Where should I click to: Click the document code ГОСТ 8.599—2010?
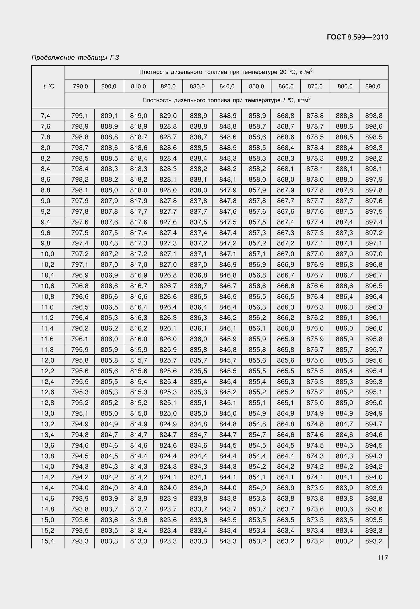[357, 37]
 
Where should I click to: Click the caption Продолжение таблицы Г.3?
[75, 57]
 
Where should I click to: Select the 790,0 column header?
[80, 86]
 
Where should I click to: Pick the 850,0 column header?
[256, 86]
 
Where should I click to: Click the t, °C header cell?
[49, 86]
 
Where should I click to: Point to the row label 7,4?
[46, 116]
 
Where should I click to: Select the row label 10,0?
[47, 254]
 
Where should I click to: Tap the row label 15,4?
[47, 541]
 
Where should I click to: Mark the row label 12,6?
[47, 392]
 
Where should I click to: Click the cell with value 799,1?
[80, 116]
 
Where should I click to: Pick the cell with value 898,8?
[374, 116]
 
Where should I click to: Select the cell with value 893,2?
[374, 541]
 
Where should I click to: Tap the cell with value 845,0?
[228, 413]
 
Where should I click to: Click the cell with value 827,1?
[168, 254]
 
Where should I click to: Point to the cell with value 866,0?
[286, 328]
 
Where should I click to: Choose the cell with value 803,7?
[109, 509]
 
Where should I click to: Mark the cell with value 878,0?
[315, 180]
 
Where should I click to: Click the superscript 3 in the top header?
[311, 70]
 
